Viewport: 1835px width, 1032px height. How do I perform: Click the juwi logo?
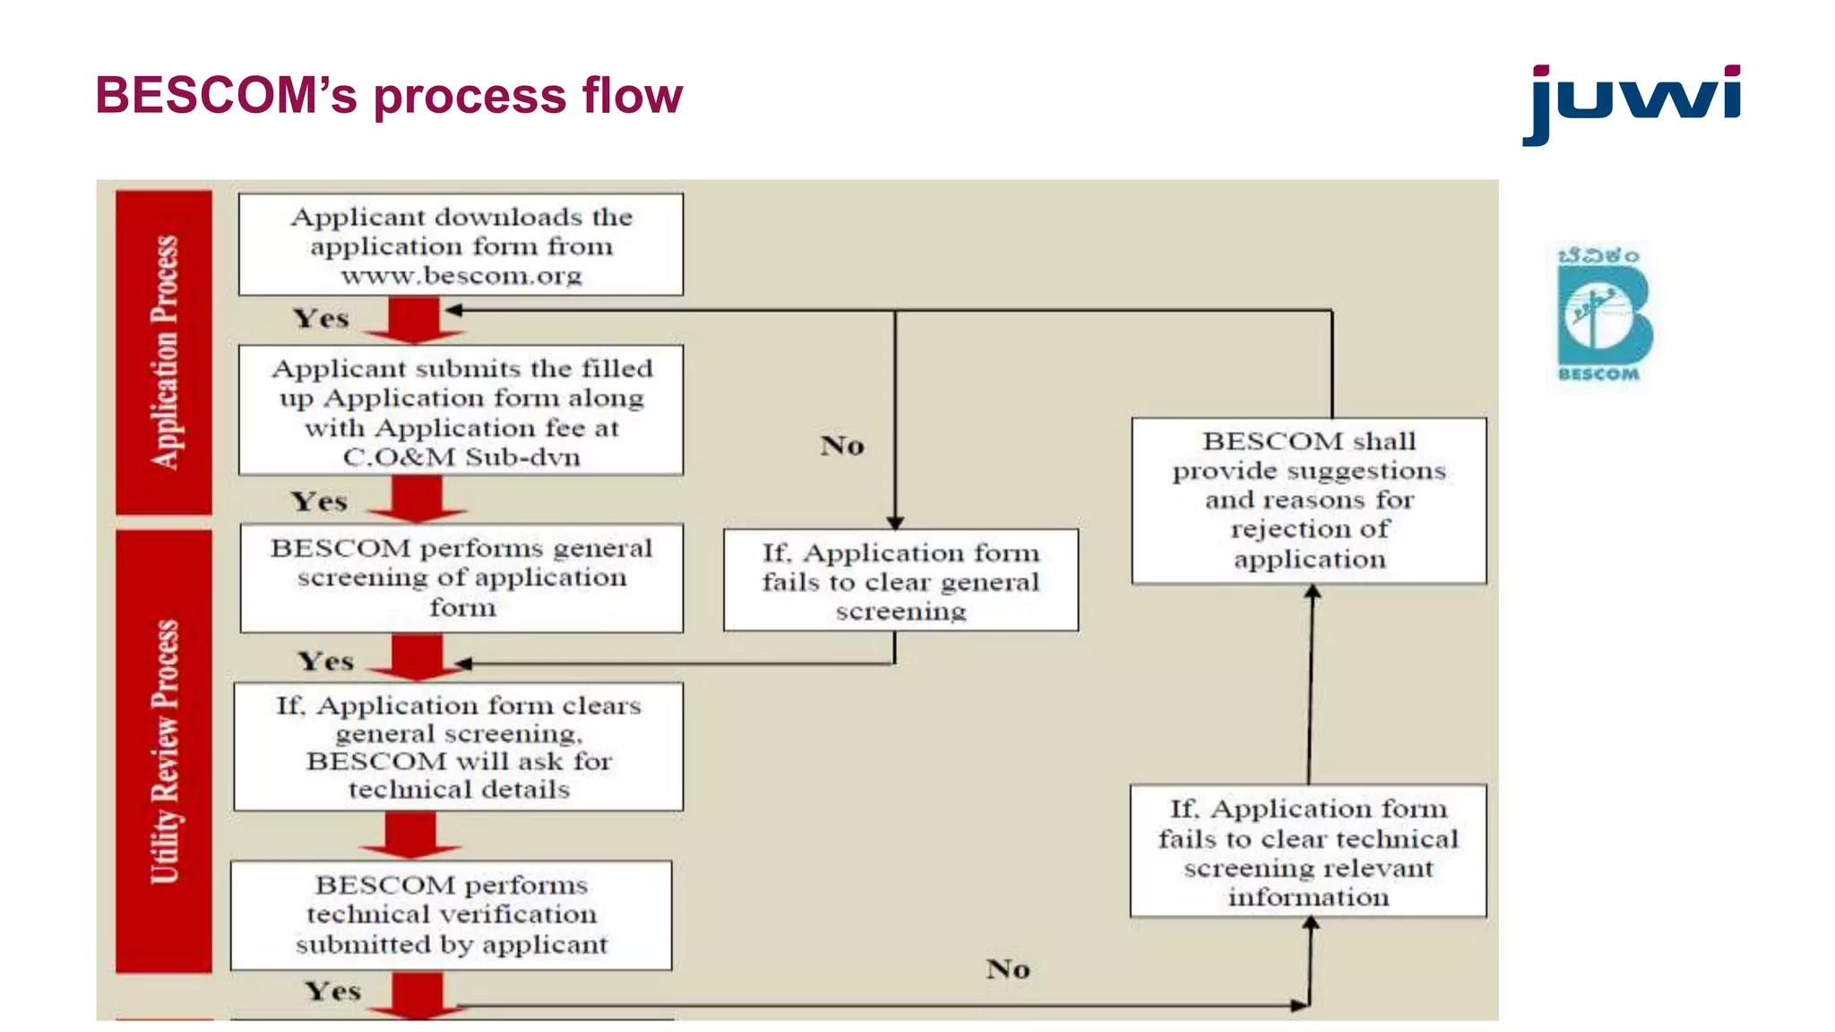[1631, 102]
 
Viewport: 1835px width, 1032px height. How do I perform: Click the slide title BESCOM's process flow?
[389, 95]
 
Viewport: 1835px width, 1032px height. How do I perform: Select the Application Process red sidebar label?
[164, 352]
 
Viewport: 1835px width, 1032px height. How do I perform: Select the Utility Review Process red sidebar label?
[164, 751]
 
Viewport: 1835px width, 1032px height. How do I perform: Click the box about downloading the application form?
[461, 245]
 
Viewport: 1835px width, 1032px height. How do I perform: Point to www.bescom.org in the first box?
[461, 276]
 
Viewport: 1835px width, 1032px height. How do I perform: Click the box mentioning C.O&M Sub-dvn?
[461, 410]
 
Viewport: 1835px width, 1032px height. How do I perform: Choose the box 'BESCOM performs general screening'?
[461, 578]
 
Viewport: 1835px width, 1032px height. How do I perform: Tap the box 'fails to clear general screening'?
[900, 580]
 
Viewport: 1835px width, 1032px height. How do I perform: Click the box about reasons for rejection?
[1308, 500]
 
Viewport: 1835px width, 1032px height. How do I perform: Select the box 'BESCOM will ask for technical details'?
[459, 747]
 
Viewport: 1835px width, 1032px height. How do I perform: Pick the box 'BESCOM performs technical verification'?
[452, 915]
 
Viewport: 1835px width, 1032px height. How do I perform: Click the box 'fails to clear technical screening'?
[1308, 851]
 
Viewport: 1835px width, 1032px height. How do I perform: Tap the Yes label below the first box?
[321, 319]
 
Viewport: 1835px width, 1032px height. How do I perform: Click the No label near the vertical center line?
[842, 445]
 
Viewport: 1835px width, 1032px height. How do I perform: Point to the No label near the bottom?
[1008, 969]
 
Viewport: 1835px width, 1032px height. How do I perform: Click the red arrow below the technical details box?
[410, 835]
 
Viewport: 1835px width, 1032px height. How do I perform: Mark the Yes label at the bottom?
[332, 992]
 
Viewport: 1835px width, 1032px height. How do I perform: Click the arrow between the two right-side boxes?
[1311, 685]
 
